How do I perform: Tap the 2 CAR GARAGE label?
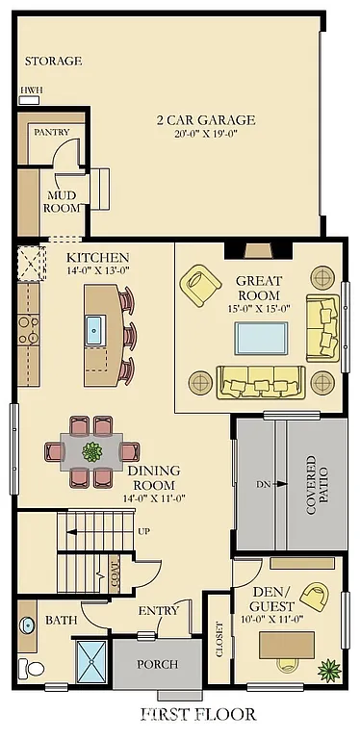point(206,120)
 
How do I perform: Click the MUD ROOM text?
point(62,201)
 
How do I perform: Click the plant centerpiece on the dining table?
point(92,450)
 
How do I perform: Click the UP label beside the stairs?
point(144,532)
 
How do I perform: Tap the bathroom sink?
point(27,624)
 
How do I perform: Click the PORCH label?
point(158,664)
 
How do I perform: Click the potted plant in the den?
point(330,668)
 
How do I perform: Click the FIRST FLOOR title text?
point(198,714)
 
